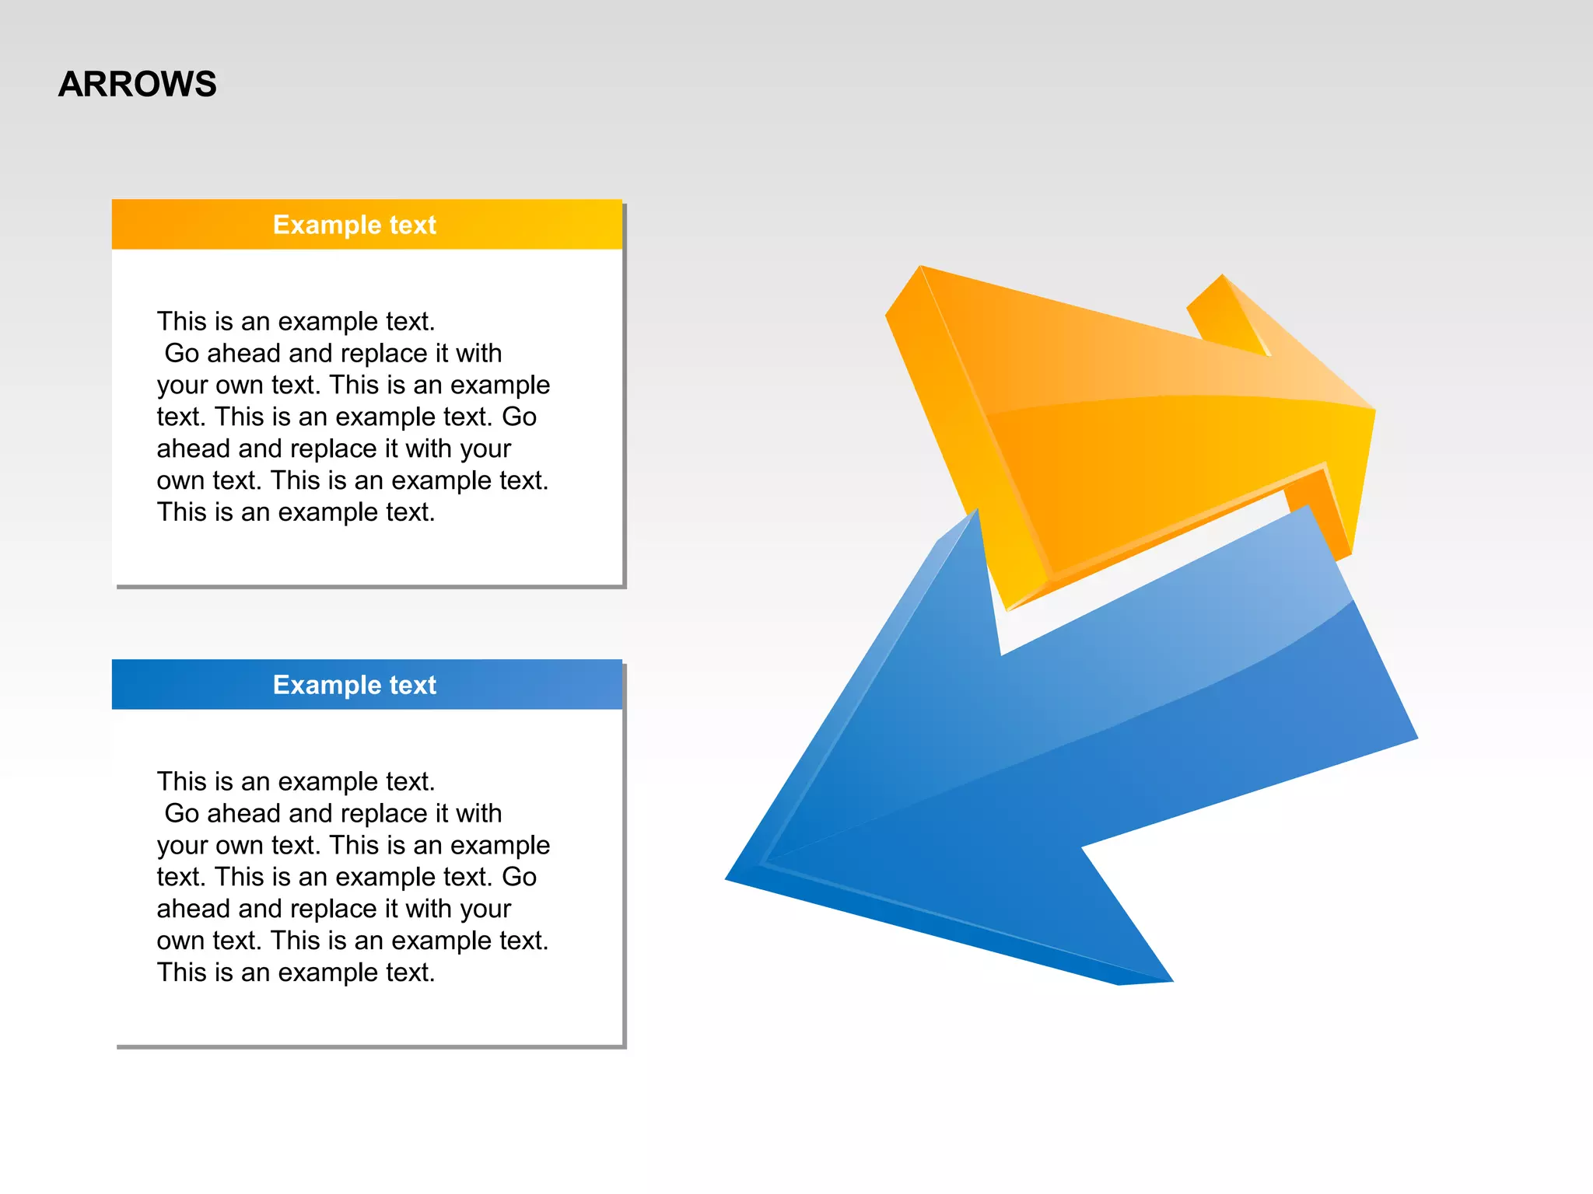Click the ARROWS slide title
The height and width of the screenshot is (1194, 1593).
pos(138,84)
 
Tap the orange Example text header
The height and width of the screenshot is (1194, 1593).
pos(366,225)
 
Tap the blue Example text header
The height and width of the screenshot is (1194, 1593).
pos(366,685)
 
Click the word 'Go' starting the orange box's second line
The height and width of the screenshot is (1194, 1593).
pos(182,354)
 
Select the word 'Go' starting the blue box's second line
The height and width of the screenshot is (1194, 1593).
pos(182,814)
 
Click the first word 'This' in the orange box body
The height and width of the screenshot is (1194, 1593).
pos(180,322)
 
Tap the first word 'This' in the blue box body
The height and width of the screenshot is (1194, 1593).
pos(180,782)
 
